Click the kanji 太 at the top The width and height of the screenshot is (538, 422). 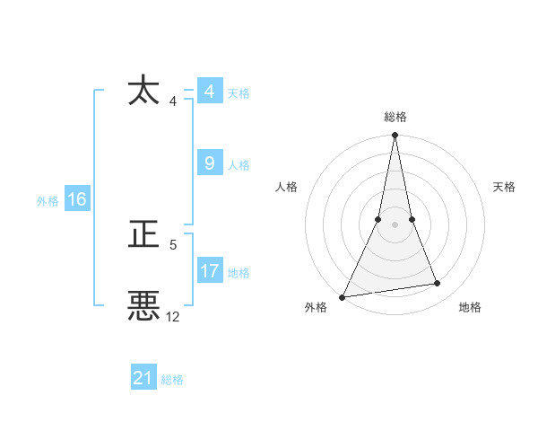145,92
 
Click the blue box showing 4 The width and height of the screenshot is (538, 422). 209,92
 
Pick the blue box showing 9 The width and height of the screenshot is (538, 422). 209,163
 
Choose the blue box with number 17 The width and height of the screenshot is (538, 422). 210,271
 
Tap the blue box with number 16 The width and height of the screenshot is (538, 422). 76,199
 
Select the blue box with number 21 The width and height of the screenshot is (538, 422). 143,378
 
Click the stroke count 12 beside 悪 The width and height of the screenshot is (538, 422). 173,316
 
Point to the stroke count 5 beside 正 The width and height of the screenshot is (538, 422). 173,244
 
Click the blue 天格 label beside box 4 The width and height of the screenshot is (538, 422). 239,93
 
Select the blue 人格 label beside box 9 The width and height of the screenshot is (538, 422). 239,165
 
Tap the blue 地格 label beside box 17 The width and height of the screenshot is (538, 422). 239,273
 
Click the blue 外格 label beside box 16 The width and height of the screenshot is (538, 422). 48,201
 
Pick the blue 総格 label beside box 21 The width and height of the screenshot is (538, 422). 172,380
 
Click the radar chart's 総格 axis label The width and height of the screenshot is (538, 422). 395,117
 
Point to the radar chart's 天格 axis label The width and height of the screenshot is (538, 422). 505,187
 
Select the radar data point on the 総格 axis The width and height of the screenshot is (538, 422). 395,136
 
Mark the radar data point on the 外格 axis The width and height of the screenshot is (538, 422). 343,296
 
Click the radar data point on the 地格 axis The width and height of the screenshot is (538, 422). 438,284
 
